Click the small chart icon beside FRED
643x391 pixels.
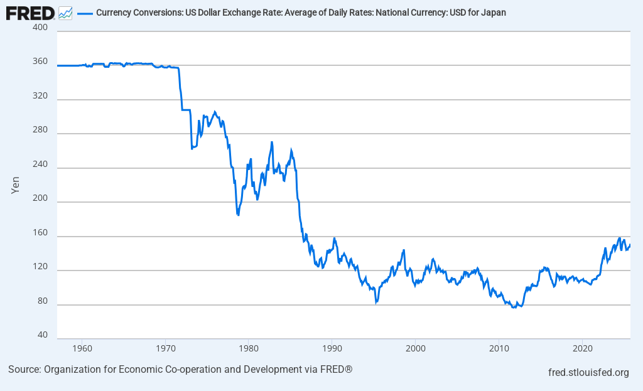coord(65,12)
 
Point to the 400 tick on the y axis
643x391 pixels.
coord(40,30)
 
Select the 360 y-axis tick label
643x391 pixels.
coord(40,62)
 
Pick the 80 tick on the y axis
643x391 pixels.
coord(42,301)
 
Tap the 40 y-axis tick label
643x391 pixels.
coord(42,335)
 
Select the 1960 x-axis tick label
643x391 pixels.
coord(82,348)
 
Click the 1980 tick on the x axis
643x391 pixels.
coord(249,348)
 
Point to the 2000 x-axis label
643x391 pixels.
coord(415,348)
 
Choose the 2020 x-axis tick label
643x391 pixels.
coord(582,348)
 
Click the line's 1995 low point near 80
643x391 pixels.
coord(376,303)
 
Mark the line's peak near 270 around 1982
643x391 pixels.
coord(272,142)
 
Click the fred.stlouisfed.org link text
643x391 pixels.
coord(588,373)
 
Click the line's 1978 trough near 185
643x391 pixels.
coord(238,215)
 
